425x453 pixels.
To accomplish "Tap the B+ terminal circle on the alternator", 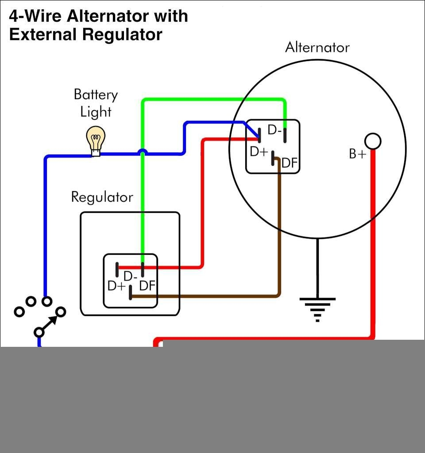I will (373, 141).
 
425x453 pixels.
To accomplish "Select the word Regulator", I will (102, 197).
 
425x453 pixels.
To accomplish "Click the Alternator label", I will (317, 47).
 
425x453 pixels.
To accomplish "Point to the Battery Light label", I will (96, 103).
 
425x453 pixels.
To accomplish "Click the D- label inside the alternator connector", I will (274, 131).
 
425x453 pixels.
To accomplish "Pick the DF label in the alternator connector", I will (290, 163).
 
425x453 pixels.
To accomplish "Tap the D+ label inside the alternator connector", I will (259, 152).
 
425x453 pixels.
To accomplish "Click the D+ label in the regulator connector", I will (117, 286).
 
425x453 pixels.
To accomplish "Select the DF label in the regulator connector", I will (147, 286).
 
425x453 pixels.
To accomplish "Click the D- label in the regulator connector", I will (131, 276).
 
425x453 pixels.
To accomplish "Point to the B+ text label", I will (358, 154).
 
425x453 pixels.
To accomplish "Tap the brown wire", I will (279, 230).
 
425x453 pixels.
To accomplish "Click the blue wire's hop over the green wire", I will (142, 152).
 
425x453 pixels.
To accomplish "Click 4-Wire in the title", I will (35, 16).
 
